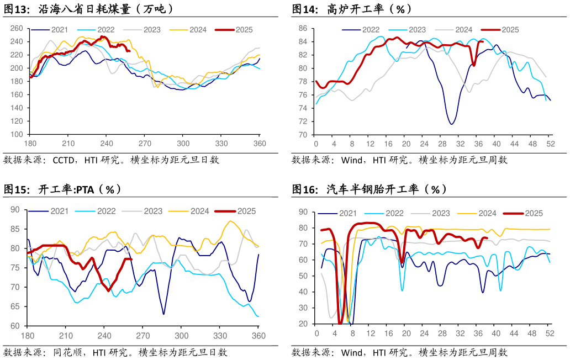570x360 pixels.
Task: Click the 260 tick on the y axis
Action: tap(17, 28)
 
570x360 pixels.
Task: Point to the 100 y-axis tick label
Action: tap(17, 135)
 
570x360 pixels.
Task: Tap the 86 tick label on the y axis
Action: tap(303, 28)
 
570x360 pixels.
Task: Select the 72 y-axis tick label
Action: tap(303, 121)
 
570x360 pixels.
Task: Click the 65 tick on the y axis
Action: tap(15, 306)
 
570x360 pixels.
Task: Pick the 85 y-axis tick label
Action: tap(15, 229)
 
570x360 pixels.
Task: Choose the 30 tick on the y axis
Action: tap(303, 308)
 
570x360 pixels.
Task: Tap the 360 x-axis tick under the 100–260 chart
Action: tap(260, 144)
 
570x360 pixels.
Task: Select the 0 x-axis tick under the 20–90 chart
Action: tap(316, 333)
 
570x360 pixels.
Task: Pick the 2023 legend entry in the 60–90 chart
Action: tap(153, 211)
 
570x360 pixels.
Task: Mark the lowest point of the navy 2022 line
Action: tap(452, 124)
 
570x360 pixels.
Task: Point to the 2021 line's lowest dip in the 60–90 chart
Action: tap(164, 314)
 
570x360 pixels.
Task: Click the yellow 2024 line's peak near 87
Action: tap(230, 221)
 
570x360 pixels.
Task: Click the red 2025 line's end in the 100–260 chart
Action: tap(129, 51)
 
